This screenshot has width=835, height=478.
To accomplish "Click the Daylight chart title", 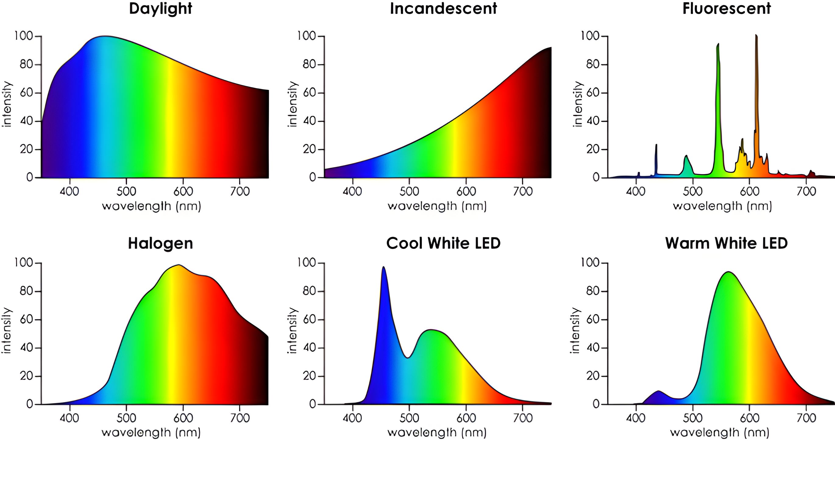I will point(160,9).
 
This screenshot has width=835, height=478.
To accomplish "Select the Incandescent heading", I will point(443,9).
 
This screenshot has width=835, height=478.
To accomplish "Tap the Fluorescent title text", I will point(727,9).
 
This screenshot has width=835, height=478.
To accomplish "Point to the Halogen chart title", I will point(160,243).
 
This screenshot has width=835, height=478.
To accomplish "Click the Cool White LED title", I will point(443,243).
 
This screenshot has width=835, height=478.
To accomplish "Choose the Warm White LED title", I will point(727,243).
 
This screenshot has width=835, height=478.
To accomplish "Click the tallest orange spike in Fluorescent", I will point(756,36).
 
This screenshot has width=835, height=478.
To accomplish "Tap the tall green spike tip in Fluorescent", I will point(718,45).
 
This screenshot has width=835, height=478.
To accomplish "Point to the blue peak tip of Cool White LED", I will point(383,268).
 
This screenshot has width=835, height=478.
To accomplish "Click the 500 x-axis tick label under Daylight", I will point(126,191).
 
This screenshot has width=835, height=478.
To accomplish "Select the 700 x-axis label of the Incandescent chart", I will point(523,191).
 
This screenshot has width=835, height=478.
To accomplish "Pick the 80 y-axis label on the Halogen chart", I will point(26,291).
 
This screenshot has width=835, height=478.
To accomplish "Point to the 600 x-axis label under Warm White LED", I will point(750,418).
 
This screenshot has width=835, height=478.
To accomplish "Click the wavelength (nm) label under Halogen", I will point(151,432).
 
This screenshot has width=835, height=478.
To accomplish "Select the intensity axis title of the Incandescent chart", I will point(292,104).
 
